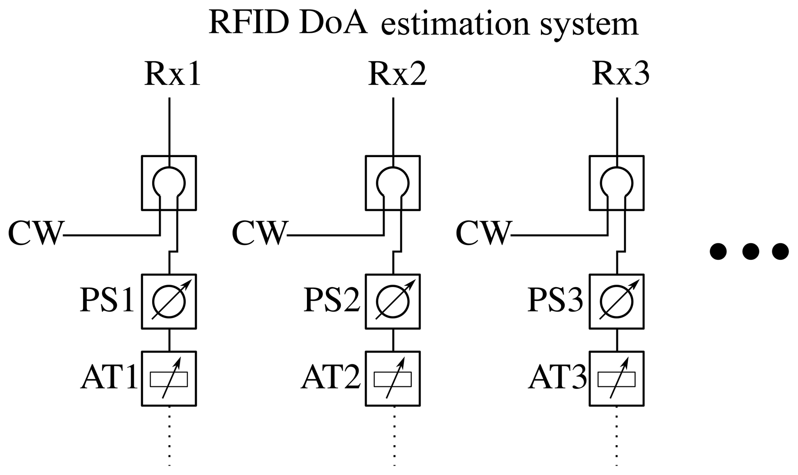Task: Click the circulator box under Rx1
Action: click(x=169, y=183)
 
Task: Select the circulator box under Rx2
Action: click(x=393, y=183)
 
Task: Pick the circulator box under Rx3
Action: click(x=617, y=183)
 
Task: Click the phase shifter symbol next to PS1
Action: click(x=169, y=302)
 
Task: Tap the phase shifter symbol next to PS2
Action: click(x=393, y=302)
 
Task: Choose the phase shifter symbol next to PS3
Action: click(x=617, y=302)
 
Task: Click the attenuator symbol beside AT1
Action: click(x=169, y=379)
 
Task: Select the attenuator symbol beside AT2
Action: click(x=393, y=379)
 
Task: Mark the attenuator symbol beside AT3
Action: click(x=617, y=379)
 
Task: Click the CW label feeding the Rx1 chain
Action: click(x=36, y=233)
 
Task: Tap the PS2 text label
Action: click(x=332, y=300)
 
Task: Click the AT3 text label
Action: click(x=557, y=377)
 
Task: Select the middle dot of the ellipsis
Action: click(x=751, y=251)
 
